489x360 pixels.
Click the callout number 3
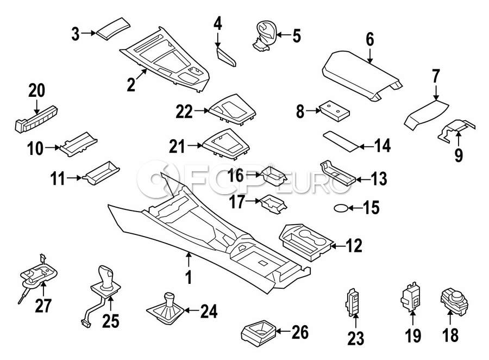click(x=76, y=34)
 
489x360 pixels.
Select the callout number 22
click(x=184, y=111)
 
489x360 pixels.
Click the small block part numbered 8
click(x=333, y=111)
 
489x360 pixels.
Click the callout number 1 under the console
click(x=189, y=278)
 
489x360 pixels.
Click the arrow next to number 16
click(x=254, y=175)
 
